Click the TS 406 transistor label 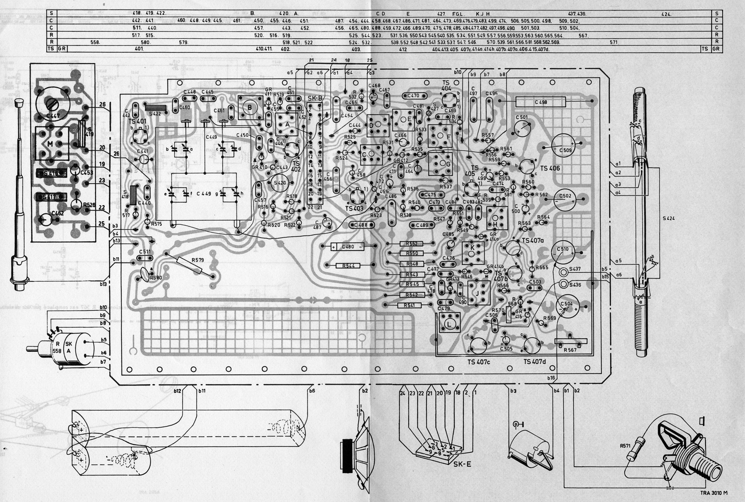[550, 168]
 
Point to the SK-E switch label [462, 464]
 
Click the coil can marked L [448, 324]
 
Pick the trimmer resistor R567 [571, 342]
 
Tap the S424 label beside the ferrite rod [668, 219]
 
